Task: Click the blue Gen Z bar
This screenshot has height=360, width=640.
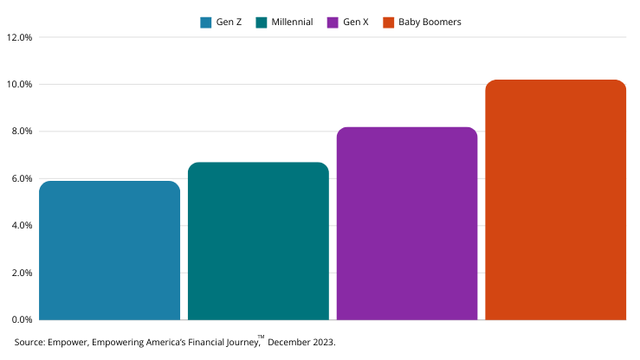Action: tap(110, 251)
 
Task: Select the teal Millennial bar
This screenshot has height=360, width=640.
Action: tap(258, 241)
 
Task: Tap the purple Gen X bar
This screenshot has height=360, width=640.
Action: tap(407, 224)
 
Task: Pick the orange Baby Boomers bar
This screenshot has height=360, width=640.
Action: tap(555, 200)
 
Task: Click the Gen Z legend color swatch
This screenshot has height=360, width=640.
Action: tap(206, 22)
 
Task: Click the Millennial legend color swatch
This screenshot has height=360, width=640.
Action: tap(262, 22)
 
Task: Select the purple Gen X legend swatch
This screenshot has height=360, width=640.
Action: tap(333, 22)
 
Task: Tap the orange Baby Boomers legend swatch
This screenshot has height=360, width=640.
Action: tap(389, 22)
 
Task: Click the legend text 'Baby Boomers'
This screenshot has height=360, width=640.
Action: tap(430, 22)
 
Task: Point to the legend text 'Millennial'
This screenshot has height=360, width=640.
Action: tap(292, 22)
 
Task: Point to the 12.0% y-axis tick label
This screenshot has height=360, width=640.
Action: tap(19, 38)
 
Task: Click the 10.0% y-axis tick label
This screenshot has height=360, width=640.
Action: tap(19, 85)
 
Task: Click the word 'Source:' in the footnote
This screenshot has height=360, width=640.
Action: tap(30, 343)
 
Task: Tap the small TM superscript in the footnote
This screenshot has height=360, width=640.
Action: tap(261, 337)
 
